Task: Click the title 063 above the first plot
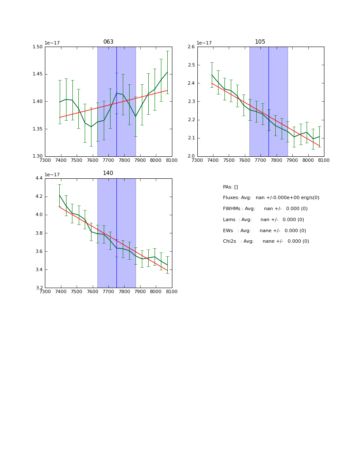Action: point(108,42)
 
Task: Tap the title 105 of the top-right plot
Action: point(260,42)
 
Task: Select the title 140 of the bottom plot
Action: point(108,173)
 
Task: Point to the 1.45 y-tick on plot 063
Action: point(38,74)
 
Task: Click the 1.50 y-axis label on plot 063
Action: point(38,47)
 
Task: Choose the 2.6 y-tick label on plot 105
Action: point(191,47)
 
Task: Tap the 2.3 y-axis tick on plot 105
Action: point(191,102)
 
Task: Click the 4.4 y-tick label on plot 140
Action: point(39,178)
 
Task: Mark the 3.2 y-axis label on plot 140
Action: point(39,288)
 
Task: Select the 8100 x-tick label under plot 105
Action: point(324,161)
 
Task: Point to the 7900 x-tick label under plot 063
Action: point(140,161)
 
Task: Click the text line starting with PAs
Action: point(230,187)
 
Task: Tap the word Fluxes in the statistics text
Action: point(231,198)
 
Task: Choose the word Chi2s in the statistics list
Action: point(230,241)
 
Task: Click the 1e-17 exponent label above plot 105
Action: point(204,43)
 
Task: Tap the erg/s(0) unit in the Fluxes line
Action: point(309,198)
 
